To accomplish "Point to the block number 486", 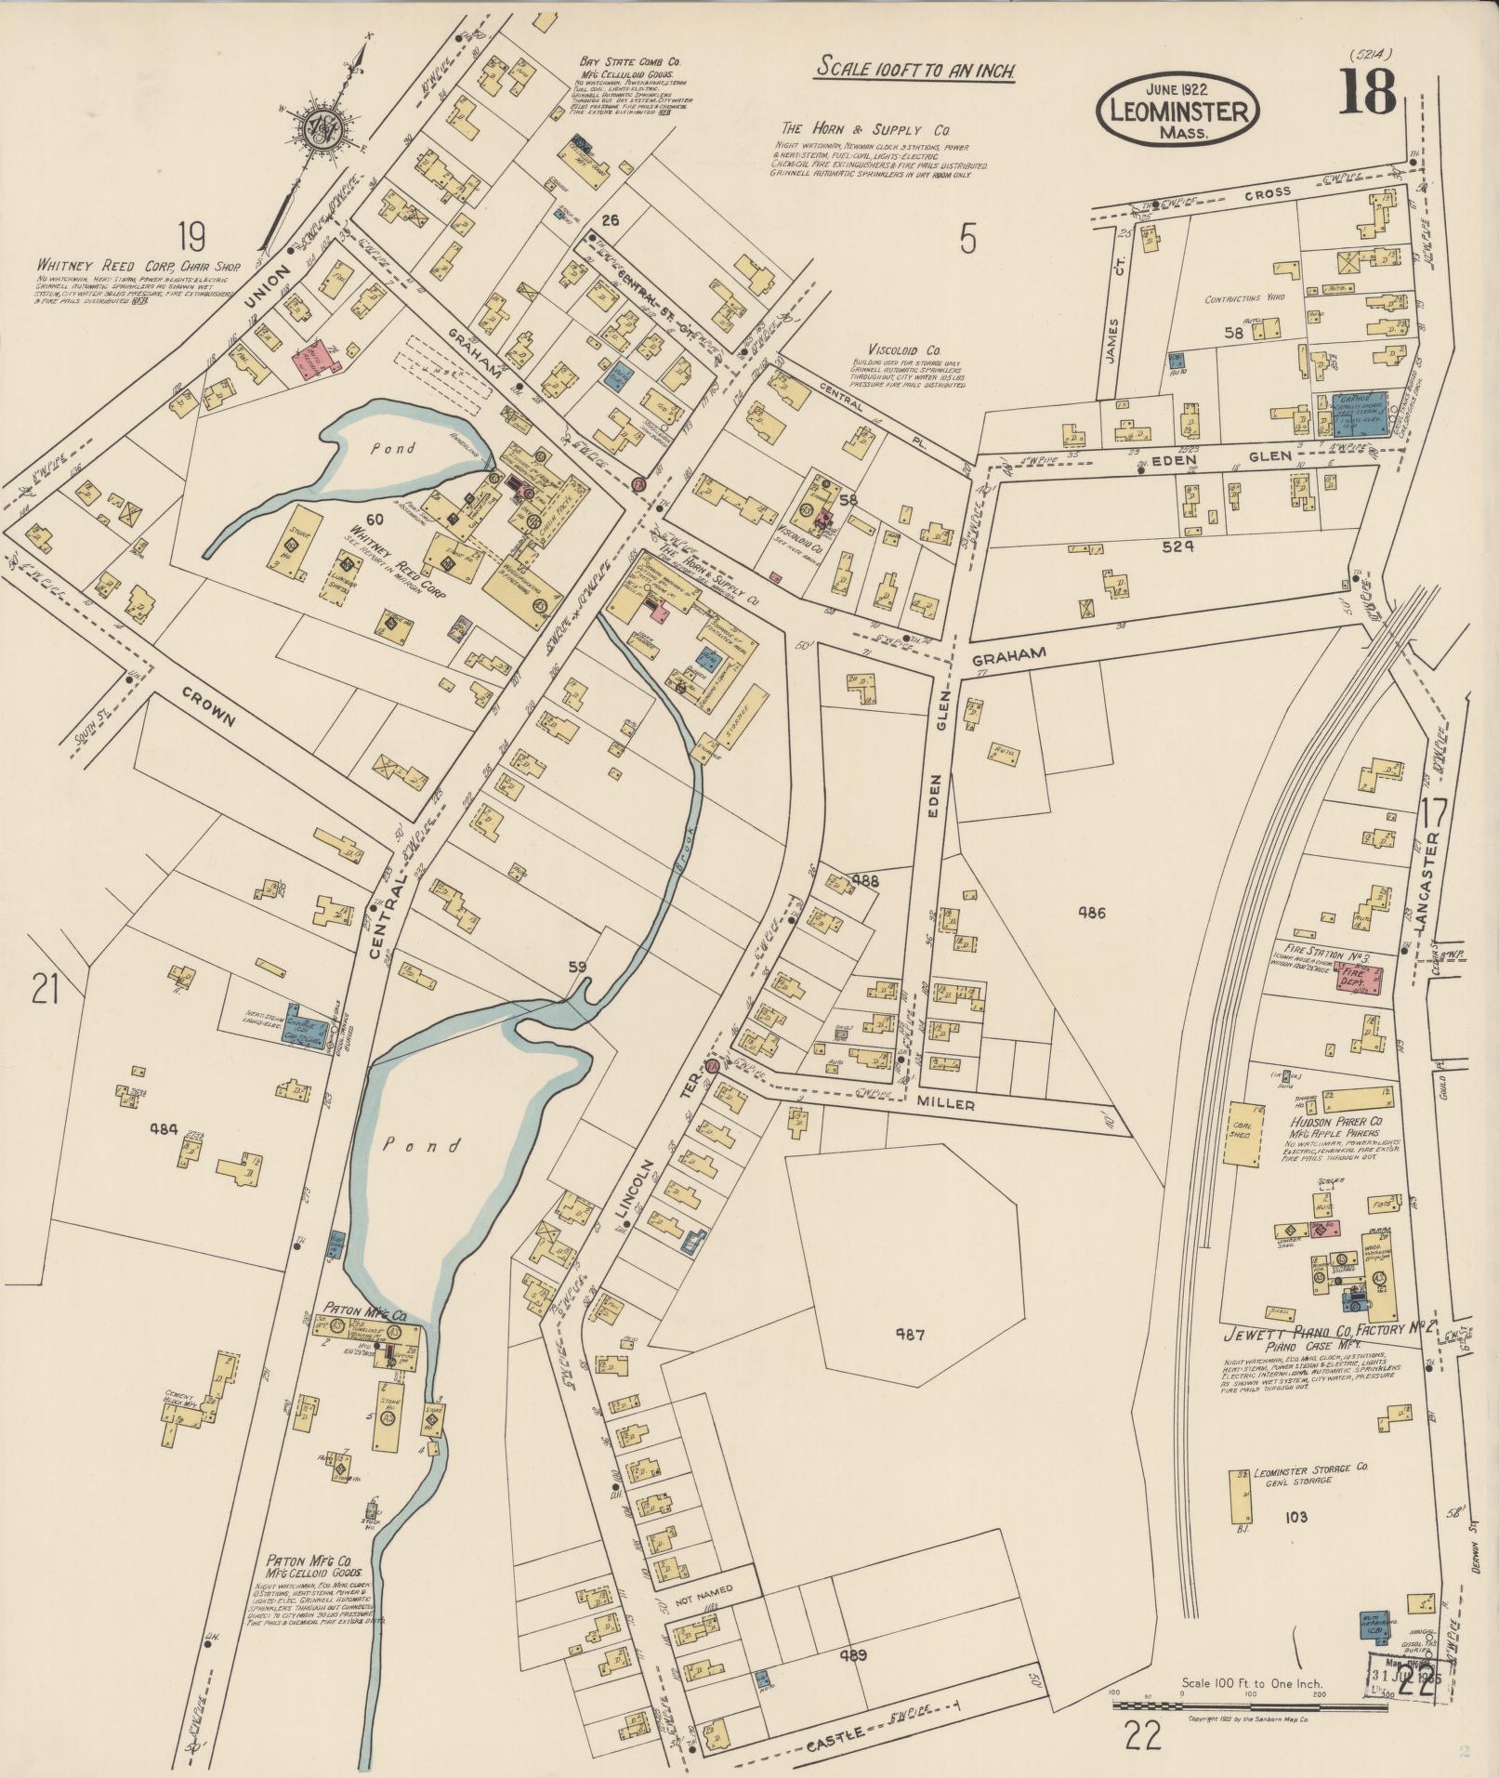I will coord(1091,913).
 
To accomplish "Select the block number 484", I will coord(164,1128).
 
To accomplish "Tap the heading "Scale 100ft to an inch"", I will coord(914,69).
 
